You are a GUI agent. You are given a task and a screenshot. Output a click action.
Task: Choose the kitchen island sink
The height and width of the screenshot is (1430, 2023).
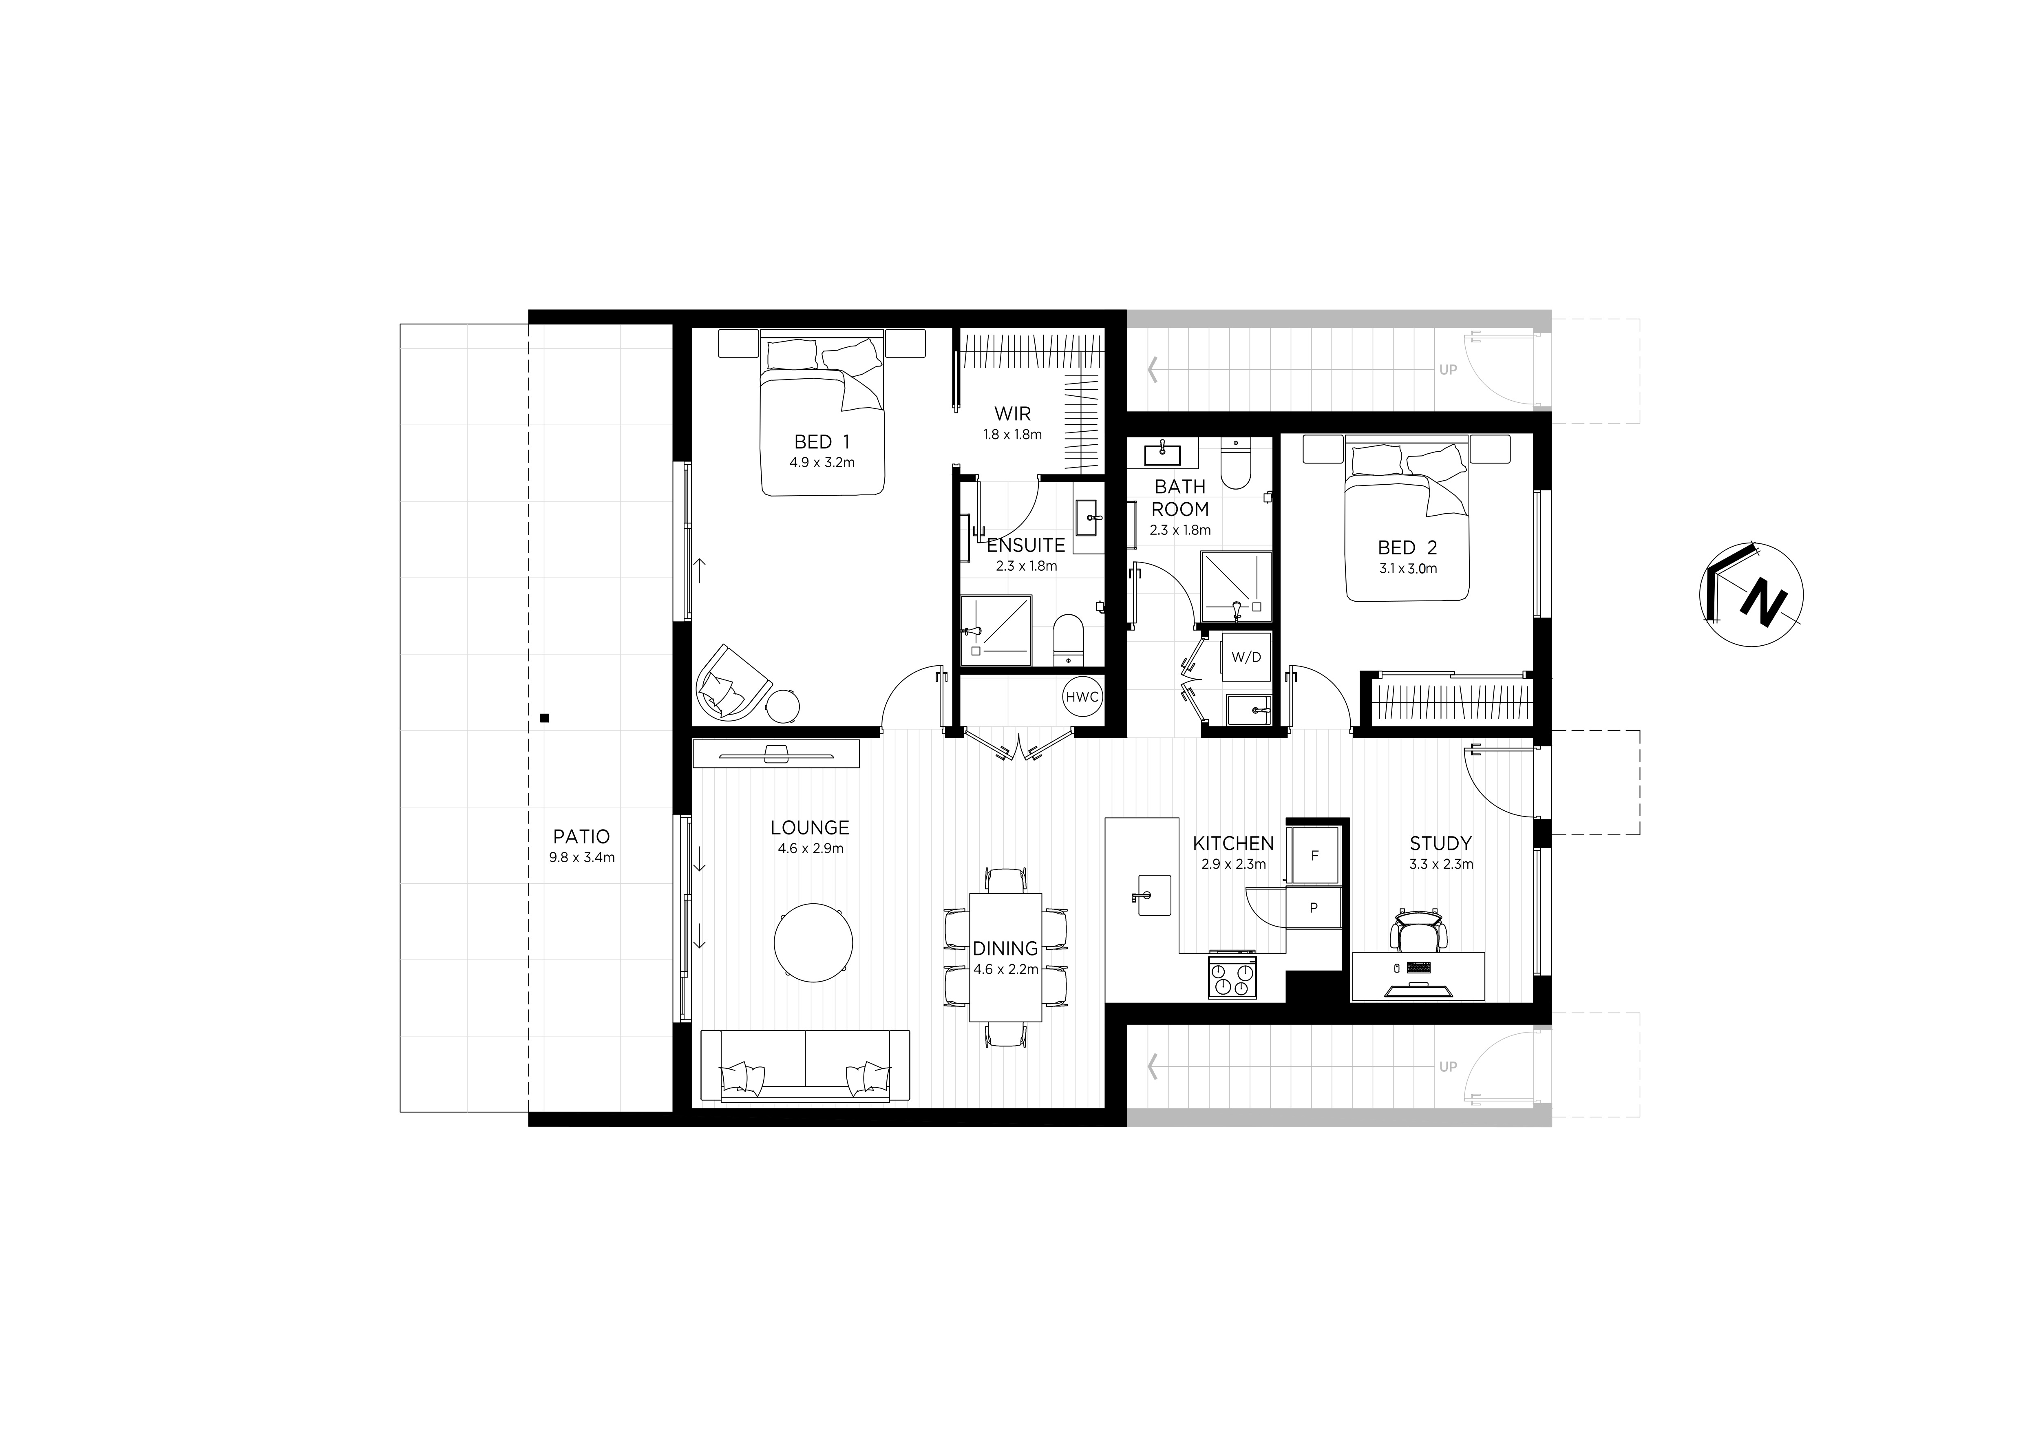(x=1153, y=895)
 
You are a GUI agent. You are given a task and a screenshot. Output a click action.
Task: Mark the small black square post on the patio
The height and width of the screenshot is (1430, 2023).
(x=545, y=718)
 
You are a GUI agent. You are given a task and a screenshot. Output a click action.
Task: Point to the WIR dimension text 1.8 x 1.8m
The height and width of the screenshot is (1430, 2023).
(x=1012, y=435)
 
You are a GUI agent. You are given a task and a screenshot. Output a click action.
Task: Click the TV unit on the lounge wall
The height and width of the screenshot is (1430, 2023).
(x=775, y=753)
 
